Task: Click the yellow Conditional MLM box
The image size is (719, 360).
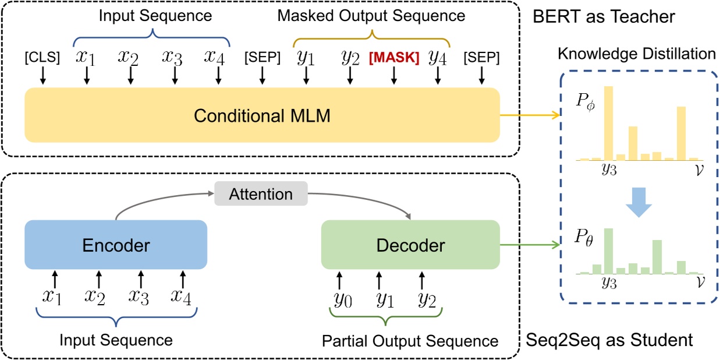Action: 262,115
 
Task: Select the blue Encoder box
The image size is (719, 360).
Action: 116,245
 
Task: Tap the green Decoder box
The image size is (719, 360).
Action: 410,245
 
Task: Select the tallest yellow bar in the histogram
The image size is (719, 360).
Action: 608,123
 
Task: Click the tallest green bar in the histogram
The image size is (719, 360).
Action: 608,251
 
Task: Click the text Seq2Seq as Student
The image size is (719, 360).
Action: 609,340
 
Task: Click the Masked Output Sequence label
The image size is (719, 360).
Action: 371,16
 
